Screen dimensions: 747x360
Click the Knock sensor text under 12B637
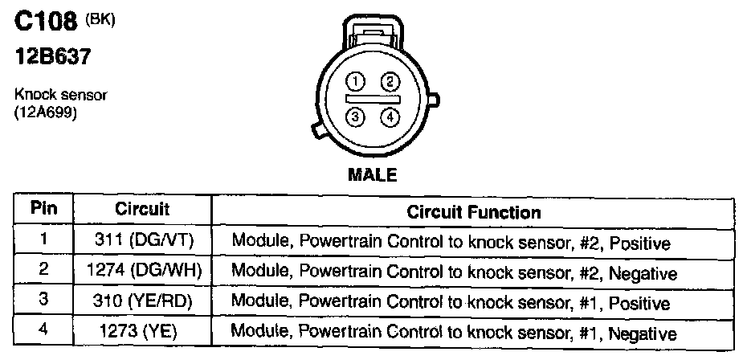(x=61, y=95)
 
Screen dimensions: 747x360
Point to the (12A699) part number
(x=46, y=114)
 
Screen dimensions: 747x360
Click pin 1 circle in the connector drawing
(x=356, y=80)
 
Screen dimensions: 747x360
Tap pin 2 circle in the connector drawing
(x=390, y=80)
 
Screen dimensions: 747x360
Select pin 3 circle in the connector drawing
(x=356, y=117)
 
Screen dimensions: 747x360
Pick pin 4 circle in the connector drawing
(x=390, y=117)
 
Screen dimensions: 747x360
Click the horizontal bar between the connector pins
(x=373, y=98)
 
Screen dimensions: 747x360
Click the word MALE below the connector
(x=372, y=174)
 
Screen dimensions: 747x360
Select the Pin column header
(x=43, y=210)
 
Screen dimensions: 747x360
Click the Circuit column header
(x=142, y=210)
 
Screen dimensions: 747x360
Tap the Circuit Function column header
(x=473, y=213)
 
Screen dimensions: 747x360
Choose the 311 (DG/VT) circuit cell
(x=142, y=240)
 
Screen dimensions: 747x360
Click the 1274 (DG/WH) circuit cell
(x=142, y=272)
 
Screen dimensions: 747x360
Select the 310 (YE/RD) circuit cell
(x=142, y=303)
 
